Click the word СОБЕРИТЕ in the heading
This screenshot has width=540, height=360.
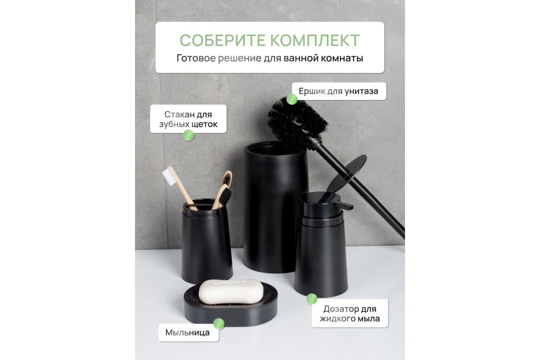(x=223, y=40)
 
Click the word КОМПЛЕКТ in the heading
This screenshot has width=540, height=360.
(x=315, y=40)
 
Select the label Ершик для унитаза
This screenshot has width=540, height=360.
(x=338, y=91)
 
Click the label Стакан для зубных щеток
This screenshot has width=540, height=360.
(x=188, y=119)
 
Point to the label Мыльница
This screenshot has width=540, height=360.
(x=187, y=333)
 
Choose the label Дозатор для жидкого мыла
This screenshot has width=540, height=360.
(x=350, y=314)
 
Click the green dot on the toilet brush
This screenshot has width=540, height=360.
(x=292, y=99)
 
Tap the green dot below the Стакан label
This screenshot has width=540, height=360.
(x=188, y=135)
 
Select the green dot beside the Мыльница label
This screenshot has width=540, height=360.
(x=219, y=324)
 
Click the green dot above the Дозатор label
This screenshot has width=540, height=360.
(x=312, y=299)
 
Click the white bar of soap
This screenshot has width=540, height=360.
(x=231, y=292)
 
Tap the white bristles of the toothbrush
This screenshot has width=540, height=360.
(x=169, y=177)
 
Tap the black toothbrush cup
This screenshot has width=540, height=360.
(x=207, y=241)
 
